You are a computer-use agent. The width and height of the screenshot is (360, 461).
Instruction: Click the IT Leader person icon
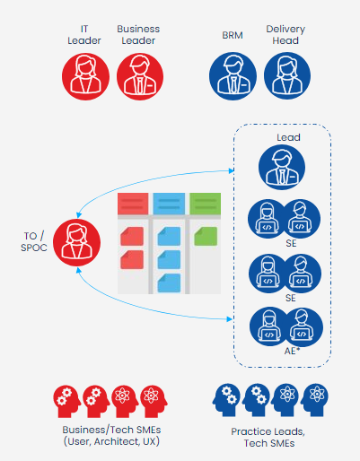coord(85,76)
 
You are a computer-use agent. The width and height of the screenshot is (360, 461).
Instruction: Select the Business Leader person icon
coord(140,76)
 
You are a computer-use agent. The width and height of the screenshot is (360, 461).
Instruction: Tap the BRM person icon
coord(233,76)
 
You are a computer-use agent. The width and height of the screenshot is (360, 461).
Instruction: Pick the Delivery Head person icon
coord(287,76)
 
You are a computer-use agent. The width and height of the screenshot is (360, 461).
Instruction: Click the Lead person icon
coord(282,167)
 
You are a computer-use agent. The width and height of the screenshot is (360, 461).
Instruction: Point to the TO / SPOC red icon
coord(76,242)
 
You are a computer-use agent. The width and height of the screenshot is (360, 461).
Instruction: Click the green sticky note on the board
coord(206,236)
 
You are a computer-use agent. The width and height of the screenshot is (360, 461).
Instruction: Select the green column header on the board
coord(206,204)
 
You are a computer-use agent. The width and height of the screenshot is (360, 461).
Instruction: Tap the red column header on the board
coord(133,204)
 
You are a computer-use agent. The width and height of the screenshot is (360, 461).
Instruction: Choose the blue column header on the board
coord(169,204)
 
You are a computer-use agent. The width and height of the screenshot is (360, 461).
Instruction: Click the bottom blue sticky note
coord(169,283)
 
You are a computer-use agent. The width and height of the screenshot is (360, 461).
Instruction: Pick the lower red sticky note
coord(132,259)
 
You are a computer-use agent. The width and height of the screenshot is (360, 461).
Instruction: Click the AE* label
coord(292,351)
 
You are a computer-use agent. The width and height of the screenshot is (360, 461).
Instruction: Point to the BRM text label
coord(233,35)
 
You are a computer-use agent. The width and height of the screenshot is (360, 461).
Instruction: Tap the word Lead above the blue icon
coord(288,137)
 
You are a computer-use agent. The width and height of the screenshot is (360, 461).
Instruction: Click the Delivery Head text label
coord(285,35)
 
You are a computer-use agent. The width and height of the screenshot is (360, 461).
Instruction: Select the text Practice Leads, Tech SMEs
coord(268,438)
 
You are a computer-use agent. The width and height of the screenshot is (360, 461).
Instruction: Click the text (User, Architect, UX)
coord(111,441)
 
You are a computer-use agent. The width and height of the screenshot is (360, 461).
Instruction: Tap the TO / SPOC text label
coord(34,242)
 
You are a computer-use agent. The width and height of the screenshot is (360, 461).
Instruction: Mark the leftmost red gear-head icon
coord(66,402)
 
